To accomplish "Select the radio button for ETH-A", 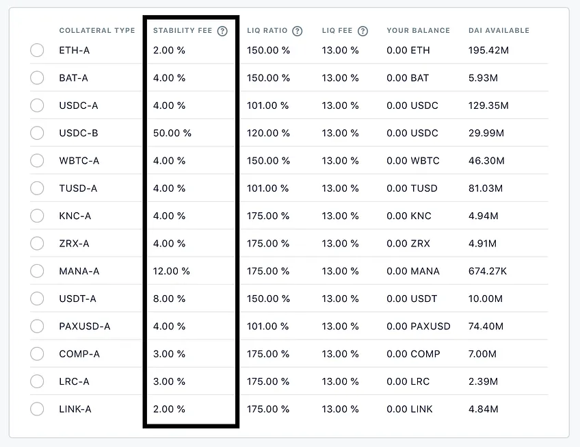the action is (x=37, y=50).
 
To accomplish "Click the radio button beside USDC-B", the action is (x=37, y=133).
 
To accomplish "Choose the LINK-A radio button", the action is (x=37, y=409).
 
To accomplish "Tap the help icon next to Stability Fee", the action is (x=222, y=31).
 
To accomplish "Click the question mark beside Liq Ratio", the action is (x=298, y=31).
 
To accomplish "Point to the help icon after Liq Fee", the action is (x=363, y=31).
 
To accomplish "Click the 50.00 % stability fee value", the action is (x=172, y=133).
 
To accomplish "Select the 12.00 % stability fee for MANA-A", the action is (x=171, y=271).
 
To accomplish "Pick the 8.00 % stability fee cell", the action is (x=169, y=298).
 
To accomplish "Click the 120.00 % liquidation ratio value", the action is (x=268, y=133).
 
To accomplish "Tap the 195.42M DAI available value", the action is (x=488, y=50).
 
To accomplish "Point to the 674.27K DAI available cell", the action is (x=488, y=271).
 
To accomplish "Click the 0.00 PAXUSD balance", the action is (x=419, y=327).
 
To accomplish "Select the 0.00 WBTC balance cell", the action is (x=413, y=161).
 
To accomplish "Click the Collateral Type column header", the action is (x=97, y=30).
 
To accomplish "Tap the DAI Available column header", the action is (x=499, y=30).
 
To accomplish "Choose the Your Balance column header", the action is (x=419, y=30).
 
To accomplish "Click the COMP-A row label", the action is (x=79, y=354).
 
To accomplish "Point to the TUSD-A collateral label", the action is (x=78, y=188).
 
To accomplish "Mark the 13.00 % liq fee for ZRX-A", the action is (x=340, y=243).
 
